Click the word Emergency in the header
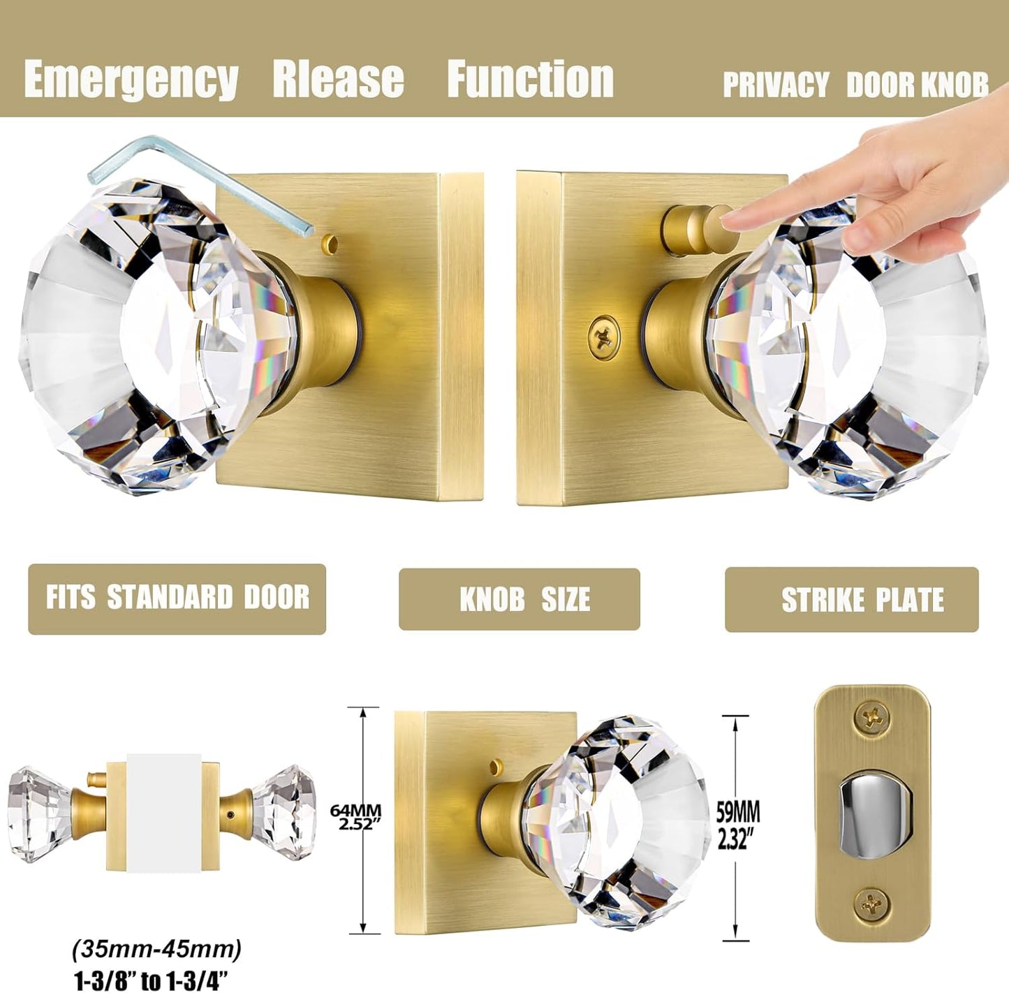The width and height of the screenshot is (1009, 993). click(131, 79)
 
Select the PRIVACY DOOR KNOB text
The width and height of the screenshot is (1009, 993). click(855, 85)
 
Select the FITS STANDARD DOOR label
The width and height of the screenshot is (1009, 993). click(177, 598)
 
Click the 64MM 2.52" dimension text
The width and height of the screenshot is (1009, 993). click(355, 817)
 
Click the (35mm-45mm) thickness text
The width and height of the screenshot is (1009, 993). click(157, 950)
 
